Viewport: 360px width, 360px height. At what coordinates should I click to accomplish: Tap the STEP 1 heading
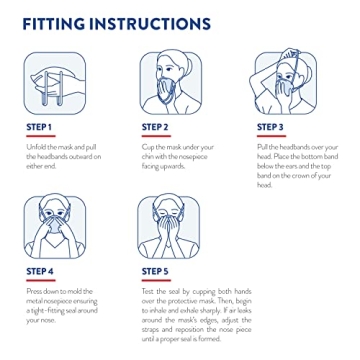(x=38, y=127)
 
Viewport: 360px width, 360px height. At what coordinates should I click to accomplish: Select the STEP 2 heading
(x=154, y=127)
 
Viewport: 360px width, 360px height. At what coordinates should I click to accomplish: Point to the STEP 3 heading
(x=270, y=127)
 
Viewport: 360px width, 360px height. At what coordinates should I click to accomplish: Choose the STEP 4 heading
(x=38, y=271)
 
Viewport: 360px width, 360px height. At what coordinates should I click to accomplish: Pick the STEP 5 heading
(x=154, y=271)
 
